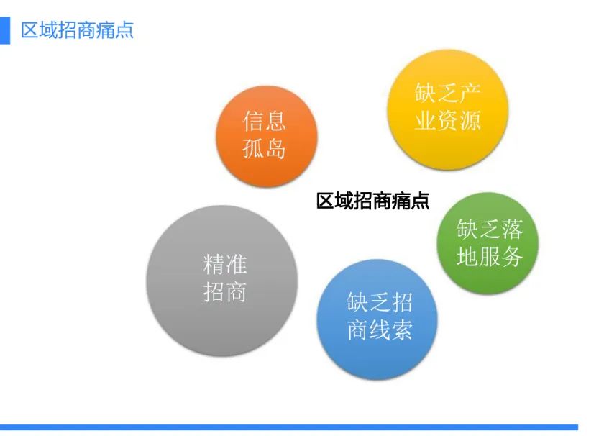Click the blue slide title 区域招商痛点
(77, 30)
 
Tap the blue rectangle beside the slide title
(4, 30)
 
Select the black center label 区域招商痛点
(372, 201)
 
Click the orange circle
(267, 136)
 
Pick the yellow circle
(447, 109)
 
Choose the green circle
(488, 243)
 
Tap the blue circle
(377, 319)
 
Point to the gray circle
(222, 281)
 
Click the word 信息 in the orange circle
(265, 121)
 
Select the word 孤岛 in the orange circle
(265, 148)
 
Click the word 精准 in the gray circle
(225, 265)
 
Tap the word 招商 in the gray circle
(225, 292)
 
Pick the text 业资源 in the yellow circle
(447, 120)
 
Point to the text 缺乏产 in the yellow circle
(447, 93)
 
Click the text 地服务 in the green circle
(490, 256)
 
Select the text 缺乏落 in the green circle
(490, 229)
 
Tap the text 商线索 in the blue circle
(380, 330)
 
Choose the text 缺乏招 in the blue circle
(380, 302)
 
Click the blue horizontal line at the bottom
(289, 427)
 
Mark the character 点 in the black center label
(420, 201)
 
